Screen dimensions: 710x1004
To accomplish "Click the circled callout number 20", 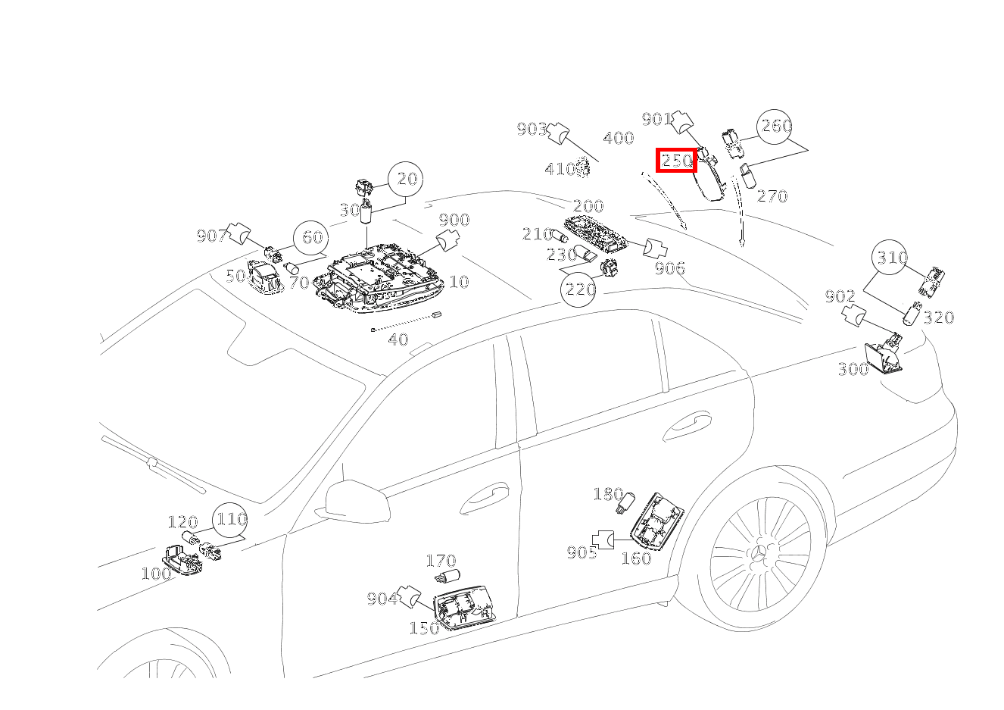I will (407, 180).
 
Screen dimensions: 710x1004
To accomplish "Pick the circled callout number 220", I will (579, 289).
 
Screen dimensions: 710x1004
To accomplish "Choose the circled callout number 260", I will (776, 127).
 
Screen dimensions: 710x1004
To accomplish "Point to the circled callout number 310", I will (892, 258).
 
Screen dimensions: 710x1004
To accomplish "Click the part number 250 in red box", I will (676, 161).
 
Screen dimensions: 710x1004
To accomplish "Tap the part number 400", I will (618, 139).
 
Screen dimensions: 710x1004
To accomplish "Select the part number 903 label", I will (532, 130).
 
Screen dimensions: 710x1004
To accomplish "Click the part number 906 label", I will (670, 267).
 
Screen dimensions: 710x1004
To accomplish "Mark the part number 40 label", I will (398, 339).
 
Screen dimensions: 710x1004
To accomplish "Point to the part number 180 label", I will (608, 495).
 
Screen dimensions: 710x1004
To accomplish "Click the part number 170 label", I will (440, 561).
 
